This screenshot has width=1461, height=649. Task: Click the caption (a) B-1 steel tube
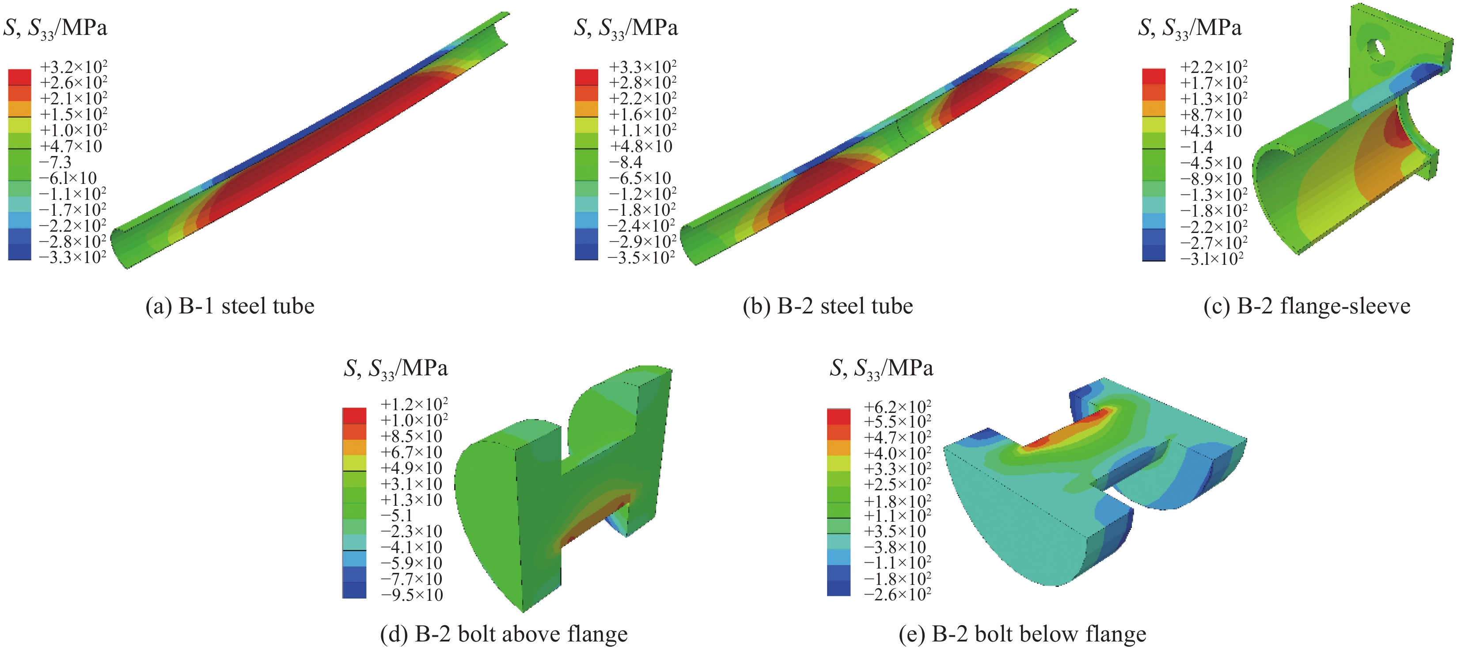coord(230,306)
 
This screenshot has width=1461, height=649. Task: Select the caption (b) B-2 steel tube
coord(827,306)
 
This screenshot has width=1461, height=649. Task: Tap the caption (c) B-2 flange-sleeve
coord(1307,306)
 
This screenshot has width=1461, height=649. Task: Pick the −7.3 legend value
coord(55,162)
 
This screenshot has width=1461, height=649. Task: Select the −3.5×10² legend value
coord(641,258)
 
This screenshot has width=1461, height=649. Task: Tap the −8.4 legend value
coord(626,162)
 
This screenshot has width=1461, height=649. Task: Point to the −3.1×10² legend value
coord(1211,259)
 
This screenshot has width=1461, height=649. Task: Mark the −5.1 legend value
coord(396,515)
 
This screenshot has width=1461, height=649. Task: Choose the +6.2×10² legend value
coord(897,406)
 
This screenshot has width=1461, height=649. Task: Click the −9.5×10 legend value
coord(411,595)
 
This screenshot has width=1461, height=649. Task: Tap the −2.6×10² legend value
coord(897,594)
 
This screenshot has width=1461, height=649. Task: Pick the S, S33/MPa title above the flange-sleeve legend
coord(1189,28)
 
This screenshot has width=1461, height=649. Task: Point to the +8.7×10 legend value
coord(1211,115)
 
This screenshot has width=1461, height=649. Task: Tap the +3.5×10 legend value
coord(895,531)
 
